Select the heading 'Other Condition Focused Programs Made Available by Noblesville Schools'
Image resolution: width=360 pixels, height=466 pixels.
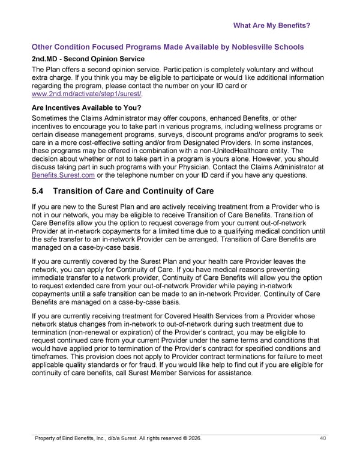(167, 47)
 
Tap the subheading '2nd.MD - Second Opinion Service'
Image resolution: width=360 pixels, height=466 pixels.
(88, 59)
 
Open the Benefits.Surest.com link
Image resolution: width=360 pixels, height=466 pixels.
(63, 175)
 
